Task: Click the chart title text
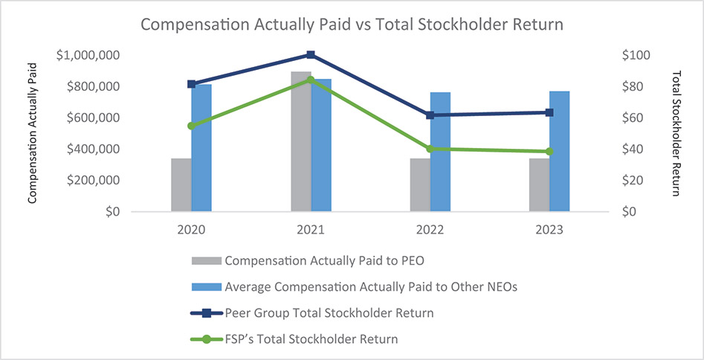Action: [352, 25]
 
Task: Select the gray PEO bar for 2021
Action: [300, 141]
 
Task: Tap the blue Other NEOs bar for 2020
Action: [201, 148]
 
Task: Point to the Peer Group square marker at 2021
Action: [311, 54]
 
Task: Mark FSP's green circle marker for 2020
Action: [191, 126]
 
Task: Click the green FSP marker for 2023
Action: [549, 152]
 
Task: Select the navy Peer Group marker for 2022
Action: [430, 115]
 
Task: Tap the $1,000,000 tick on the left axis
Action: [88, 55]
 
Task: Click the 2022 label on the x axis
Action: [430, 230]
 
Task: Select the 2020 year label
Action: [191, 230]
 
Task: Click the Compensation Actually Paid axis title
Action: [33, 133]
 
